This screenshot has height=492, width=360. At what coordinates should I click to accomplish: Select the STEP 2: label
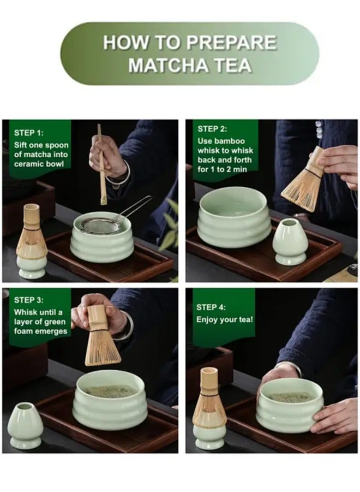click(x=212, y=129)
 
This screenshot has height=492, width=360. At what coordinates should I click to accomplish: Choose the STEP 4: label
click(x=212, y=307)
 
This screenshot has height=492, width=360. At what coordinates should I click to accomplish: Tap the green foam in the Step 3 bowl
click(x=111, y=392)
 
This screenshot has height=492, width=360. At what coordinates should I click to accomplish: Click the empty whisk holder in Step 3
click(x=25, y=426)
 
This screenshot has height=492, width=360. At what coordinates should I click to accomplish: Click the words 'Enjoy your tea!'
click(x=225, y=319)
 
